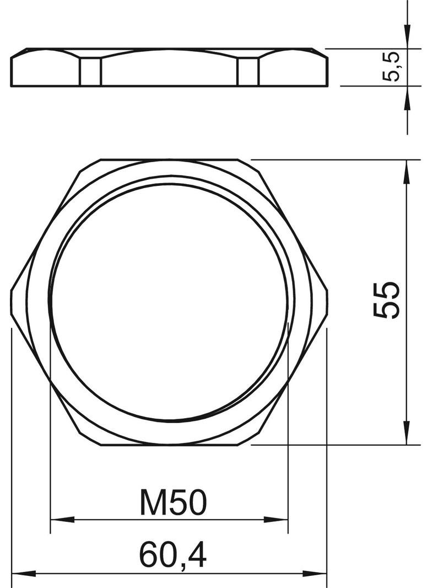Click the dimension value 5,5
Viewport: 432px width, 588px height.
pyautogui.click(x=392, y=66)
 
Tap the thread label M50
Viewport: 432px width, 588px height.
pyautogui.click(x=173, y=503)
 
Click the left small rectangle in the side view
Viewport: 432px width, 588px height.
pyautogui.click(x=91, y=71)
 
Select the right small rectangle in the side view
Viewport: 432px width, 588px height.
pyautogui.click(x=248, y=71)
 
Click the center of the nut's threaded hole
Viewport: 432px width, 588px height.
pyautogui.click(x=169, y=301)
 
